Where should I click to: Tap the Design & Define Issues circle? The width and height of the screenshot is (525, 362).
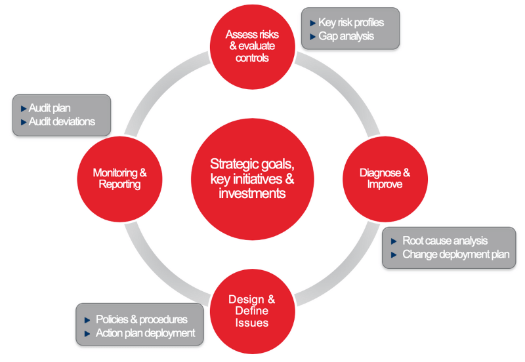tap(251, 310)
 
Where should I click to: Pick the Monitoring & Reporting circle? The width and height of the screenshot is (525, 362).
tap(119, 179)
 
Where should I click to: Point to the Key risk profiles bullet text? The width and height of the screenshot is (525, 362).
tap(351, 22)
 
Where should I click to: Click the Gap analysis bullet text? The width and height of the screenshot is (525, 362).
tap(346, 36)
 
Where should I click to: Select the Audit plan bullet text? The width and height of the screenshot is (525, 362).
tap(50, 108)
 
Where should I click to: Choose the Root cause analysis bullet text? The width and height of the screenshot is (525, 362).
tap(445, 241)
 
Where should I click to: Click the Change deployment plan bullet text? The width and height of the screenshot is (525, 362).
tap(455, 254)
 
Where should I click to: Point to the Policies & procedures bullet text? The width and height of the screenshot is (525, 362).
tap(141, 319)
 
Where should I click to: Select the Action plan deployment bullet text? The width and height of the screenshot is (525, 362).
tap(145, 333)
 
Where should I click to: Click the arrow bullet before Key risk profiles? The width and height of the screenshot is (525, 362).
tap(312, 23)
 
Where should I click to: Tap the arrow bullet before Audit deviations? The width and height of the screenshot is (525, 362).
tap(23, 122)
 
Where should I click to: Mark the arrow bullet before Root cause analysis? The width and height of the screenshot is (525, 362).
tap(394, 241)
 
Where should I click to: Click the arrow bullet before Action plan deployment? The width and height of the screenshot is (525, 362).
tap(88, 334)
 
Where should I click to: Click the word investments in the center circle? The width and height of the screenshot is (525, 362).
tap(253, 193)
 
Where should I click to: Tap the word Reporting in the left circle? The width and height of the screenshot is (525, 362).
tap(119, 185)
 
